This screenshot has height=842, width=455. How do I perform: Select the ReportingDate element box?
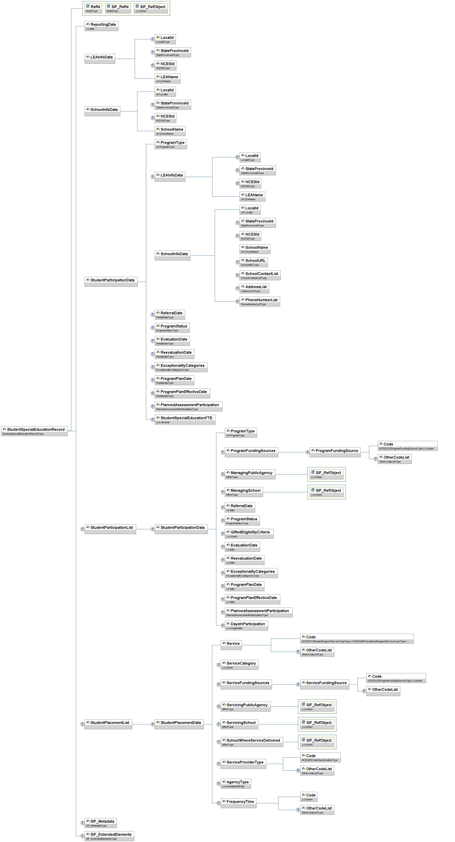101,26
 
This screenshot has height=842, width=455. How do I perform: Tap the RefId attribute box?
93,8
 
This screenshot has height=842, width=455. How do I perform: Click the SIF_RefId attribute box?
118,8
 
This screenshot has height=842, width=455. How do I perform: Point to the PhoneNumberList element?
259,301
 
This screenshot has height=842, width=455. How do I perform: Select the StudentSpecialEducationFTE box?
185,419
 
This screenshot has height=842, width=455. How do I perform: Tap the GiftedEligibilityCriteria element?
249,533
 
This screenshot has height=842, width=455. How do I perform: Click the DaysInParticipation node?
246,625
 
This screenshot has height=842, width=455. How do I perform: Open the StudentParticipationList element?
110,529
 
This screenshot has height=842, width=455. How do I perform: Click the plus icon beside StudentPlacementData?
152,724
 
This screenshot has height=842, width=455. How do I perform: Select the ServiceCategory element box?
239,665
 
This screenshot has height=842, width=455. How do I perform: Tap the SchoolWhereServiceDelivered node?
252,742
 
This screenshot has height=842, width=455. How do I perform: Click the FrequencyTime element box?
238,803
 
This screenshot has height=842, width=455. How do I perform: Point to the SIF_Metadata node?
101,823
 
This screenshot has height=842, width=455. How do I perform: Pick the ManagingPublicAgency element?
250,474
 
